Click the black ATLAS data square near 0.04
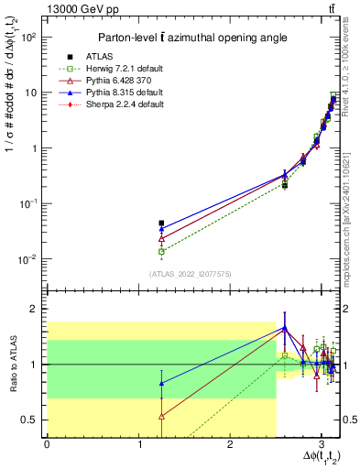click(x=161, y=223)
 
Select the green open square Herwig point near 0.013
click(x=161, y=251)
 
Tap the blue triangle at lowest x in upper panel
click(x=161, y=229)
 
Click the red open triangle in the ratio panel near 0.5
click(x=161, y=416)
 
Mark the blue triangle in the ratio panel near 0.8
click(x=161, y=383)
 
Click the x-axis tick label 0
click(x=47, y=444)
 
